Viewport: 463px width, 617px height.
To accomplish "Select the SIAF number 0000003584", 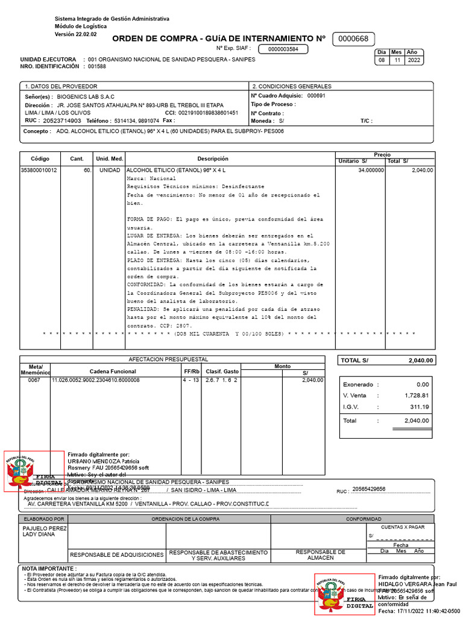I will point(283,49).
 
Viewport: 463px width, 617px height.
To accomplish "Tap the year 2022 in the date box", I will point(415,60).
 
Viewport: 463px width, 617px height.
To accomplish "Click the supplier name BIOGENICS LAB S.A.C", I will point(86,96).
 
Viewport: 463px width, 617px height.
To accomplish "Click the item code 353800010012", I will point(40,171).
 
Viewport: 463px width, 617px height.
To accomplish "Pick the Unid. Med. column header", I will point(109,158).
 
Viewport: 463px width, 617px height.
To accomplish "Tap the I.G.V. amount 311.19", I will point(417,407).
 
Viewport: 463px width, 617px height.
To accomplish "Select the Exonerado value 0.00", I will point(422,384).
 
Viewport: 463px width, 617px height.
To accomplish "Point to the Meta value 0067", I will point(34,380).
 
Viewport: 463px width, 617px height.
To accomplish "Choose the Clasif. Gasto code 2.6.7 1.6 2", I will point(221,380).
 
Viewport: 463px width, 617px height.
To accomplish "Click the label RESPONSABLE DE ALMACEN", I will point(320,555).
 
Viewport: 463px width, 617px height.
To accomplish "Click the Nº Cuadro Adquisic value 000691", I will point(316,96).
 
